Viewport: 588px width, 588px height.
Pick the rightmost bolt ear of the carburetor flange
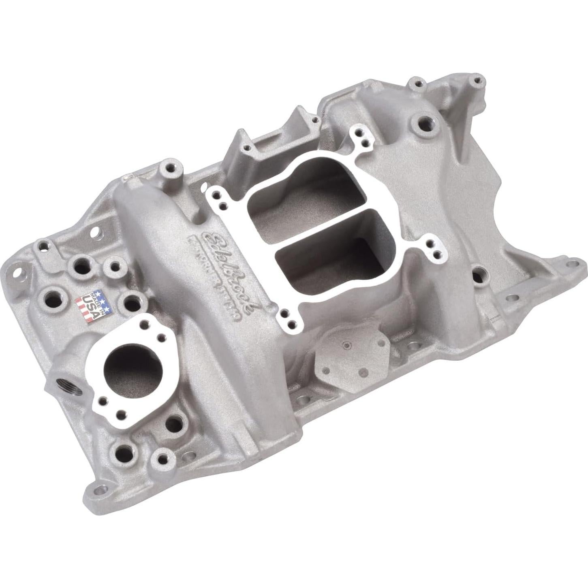point(436,252)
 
